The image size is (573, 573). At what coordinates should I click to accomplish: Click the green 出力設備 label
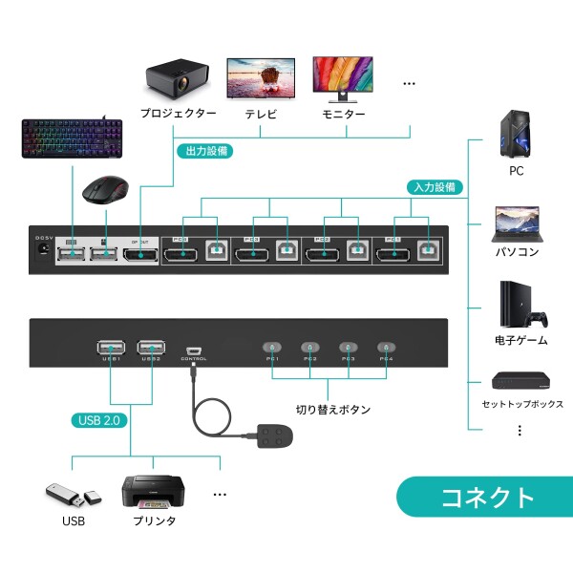click(203, 150)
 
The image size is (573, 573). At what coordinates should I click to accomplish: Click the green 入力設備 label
click(435, 187)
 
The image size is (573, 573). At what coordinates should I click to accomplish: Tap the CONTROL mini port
click(193, 350)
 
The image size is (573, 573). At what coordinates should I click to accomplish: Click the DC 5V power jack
click(43, 250)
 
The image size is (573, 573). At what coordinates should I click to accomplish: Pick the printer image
click(153, 493)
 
